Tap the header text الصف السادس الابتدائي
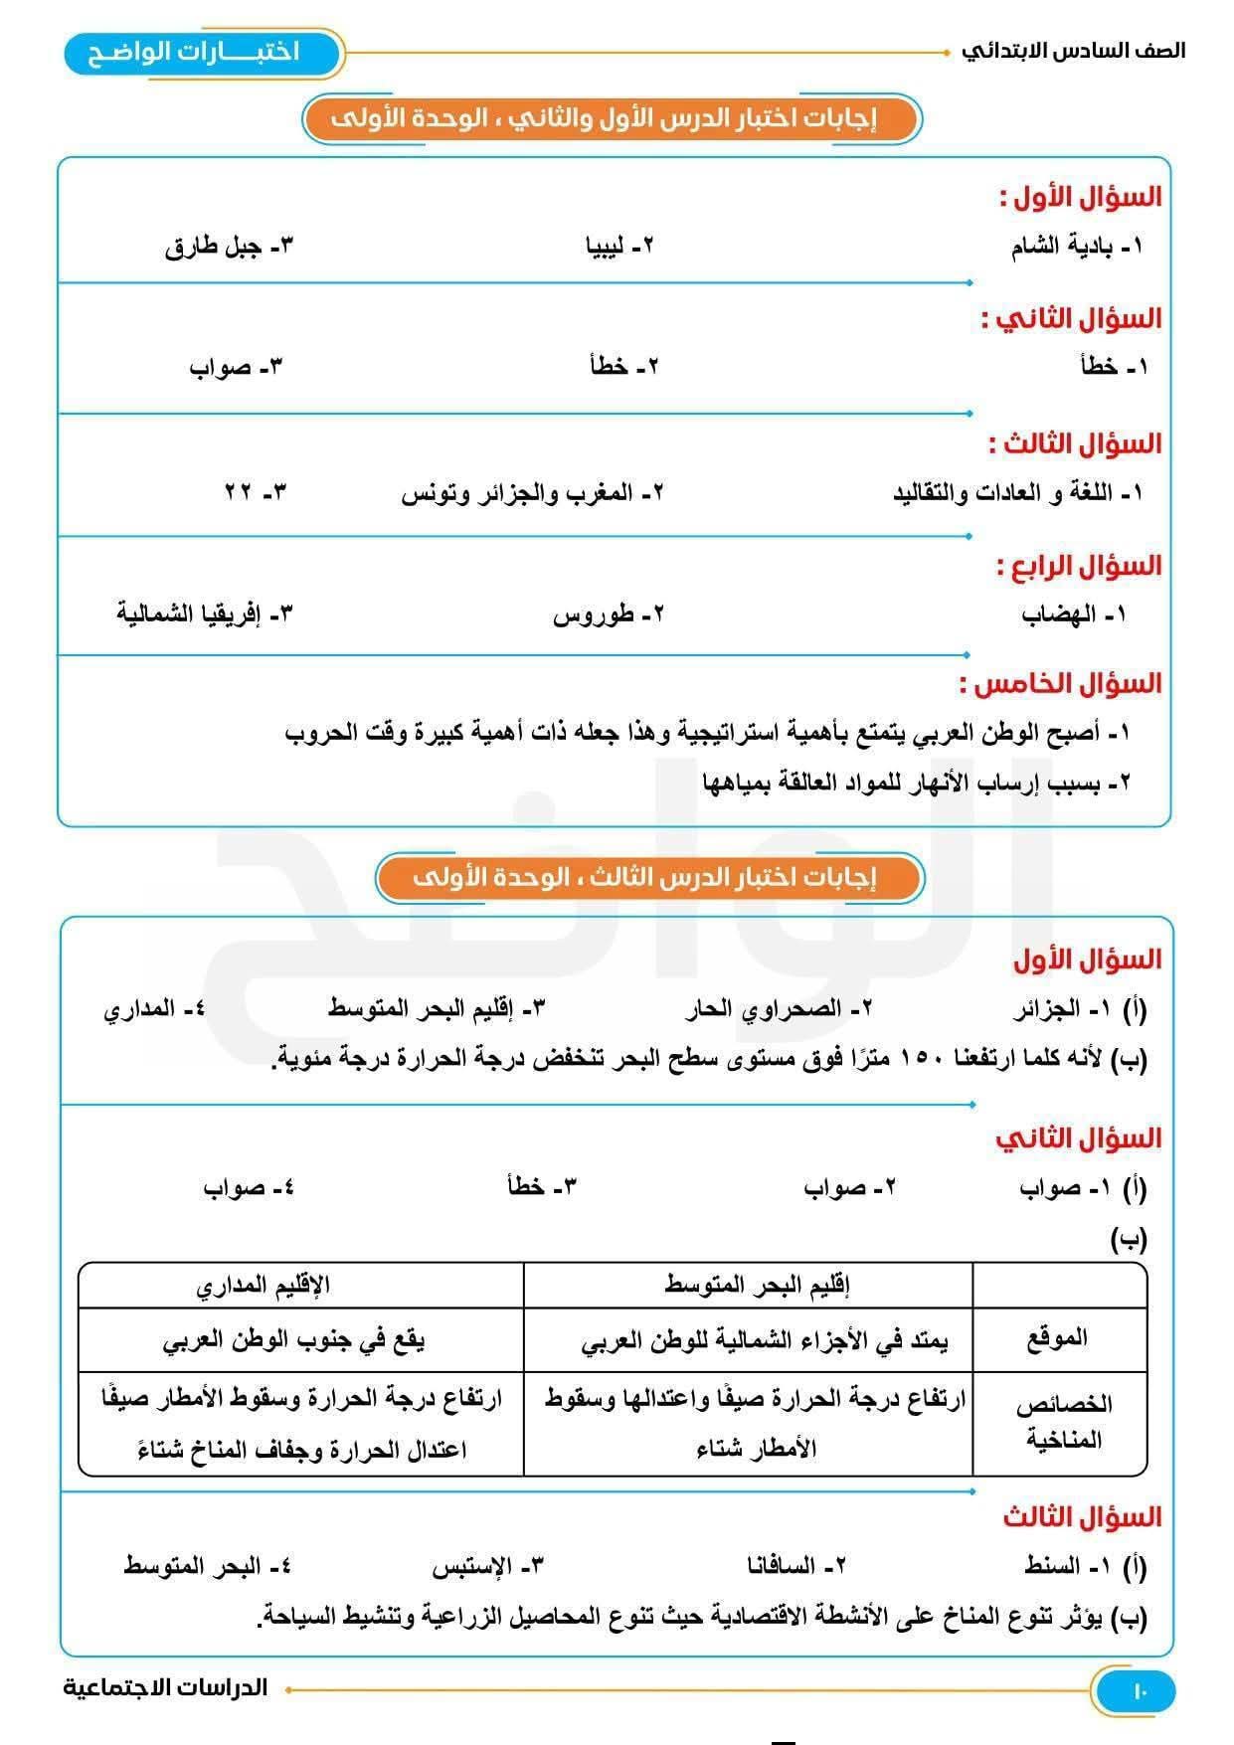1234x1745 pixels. coord(1073,51)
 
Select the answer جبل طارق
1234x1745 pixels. coord(230,246)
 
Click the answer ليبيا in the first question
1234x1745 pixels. coord(620,246)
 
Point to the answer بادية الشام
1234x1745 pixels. coord(1076,246)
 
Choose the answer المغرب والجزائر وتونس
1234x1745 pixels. coord(532,493)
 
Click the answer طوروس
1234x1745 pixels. coord(608,614)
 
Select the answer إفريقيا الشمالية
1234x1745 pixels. coord(205,612)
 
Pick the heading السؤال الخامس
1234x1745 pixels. coord(1060,684)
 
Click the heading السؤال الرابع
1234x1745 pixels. coord(1079,567)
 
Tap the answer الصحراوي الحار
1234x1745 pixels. coord(779,1009)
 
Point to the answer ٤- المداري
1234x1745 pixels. coord(155,1009)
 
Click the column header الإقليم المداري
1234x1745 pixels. coord(263,1285)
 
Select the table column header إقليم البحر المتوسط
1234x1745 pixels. coord(757,1285)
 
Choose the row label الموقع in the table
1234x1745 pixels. coord(1057,1338)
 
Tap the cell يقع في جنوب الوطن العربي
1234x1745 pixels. coord(293,1340)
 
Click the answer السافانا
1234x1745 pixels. coord(795,1566)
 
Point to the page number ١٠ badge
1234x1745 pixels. coord(1139,1690)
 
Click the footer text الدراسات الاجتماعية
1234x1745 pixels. coord(166,1687)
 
